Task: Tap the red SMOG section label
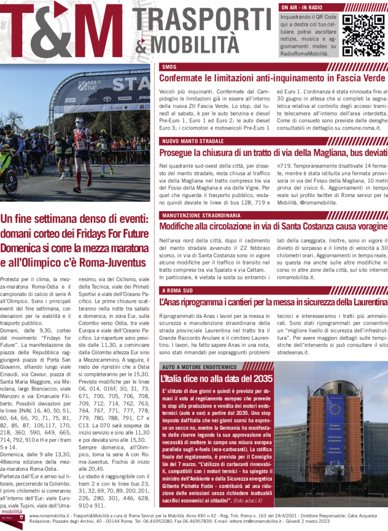pyautogui.click(x=169, y=67)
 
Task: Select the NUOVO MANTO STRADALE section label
pyautogui.click(x=192, y=141)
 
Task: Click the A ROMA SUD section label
pyautogui.click(x=177, y=290)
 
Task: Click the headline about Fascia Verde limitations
pyautogui.click(x=272, y=78)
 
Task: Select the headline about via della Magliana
pyautogui.click(x=273, y=152)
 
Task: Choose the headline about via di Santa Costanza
pyautogui.click(x=273, y=227)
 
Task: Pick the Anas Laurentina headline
pyautogui.click(x=273, y=302)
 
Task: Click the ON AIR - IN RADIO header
pyautogui.click(x=302, y=8)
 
